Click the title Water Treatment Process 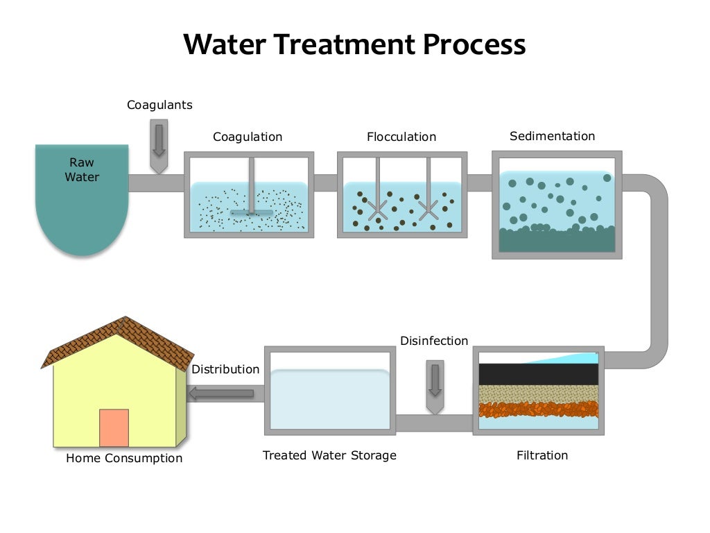click(354, 44)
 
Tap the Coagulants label click(159, 105)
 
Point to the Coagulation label click(248, 137)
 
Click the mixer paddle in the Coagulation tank click(251, 212)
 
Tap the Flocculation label click(401, 137)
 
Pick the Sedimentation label click(552, 136)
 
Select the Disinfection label click(434, 341)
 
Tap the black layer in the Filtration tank click(538, 373)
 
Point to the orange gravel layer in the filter click(538, 409)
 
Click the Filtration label click(542, 455)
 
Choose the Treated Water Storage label click(329, 455)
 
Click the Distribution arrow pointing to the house click(221, 394)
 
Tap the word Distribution click(225, 369)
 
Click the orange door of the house click(114, 428)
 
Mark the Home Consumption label click(124, 458)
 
